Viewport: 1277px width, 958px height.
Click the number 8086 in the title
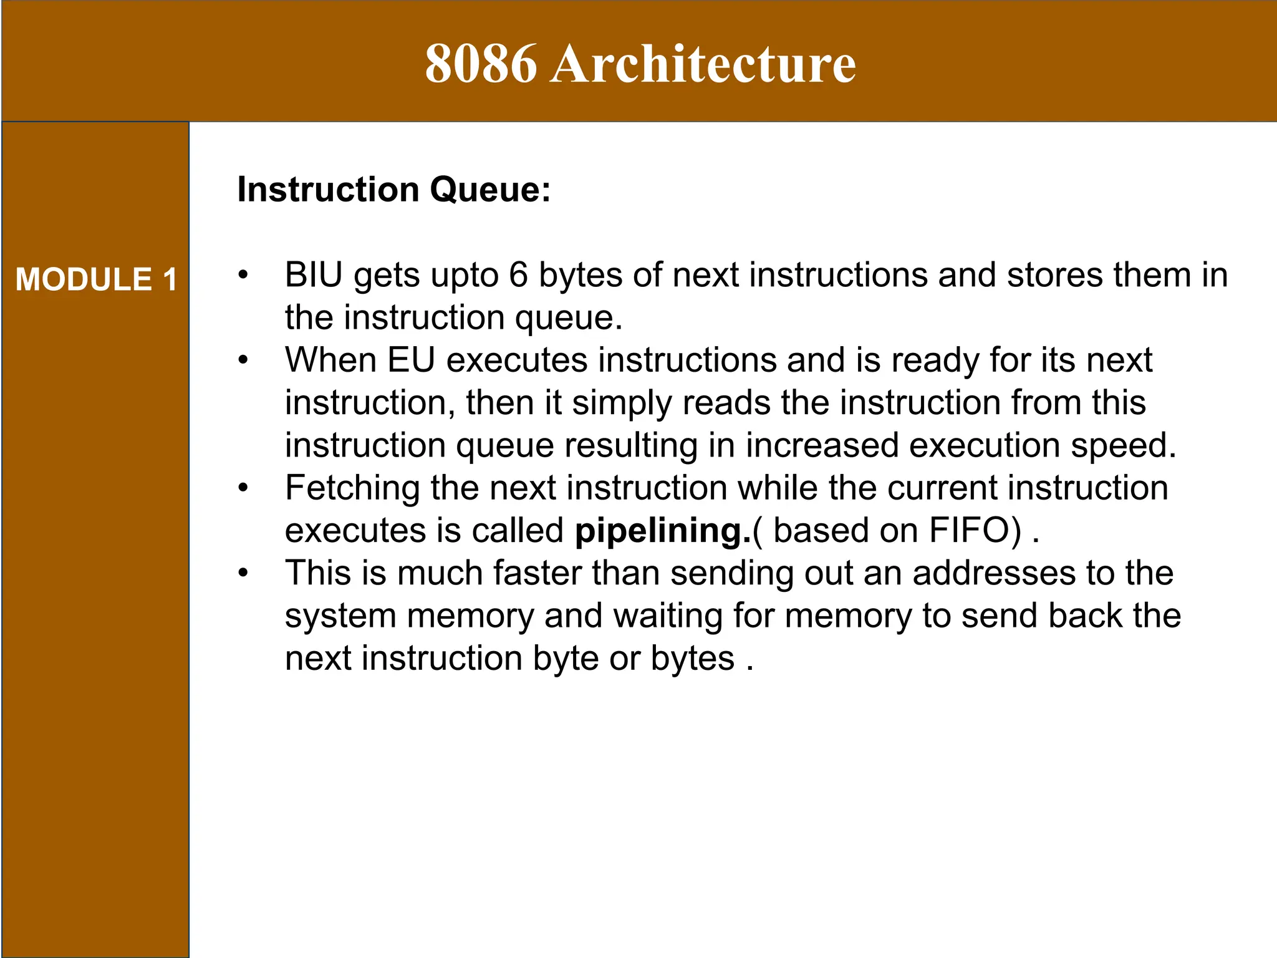pos(480,64)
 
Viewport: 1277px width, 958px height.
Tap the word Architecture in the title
pos(703,64)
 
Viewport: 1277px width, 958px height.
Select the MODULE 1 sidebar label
pos(97,279)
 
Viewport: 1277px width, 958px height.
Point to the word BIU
pos(314,275)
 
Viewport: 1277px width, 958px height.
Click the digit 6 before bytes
pos(518,275)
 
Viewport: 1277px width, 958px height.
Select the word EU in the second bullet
pos(411,360)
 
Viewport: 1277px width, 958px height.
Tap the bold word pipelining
pos(663,531)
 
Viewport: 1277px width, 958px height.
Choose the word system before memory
pos(340,616)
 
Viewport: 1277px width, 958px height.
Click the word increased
pos(822,445)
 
